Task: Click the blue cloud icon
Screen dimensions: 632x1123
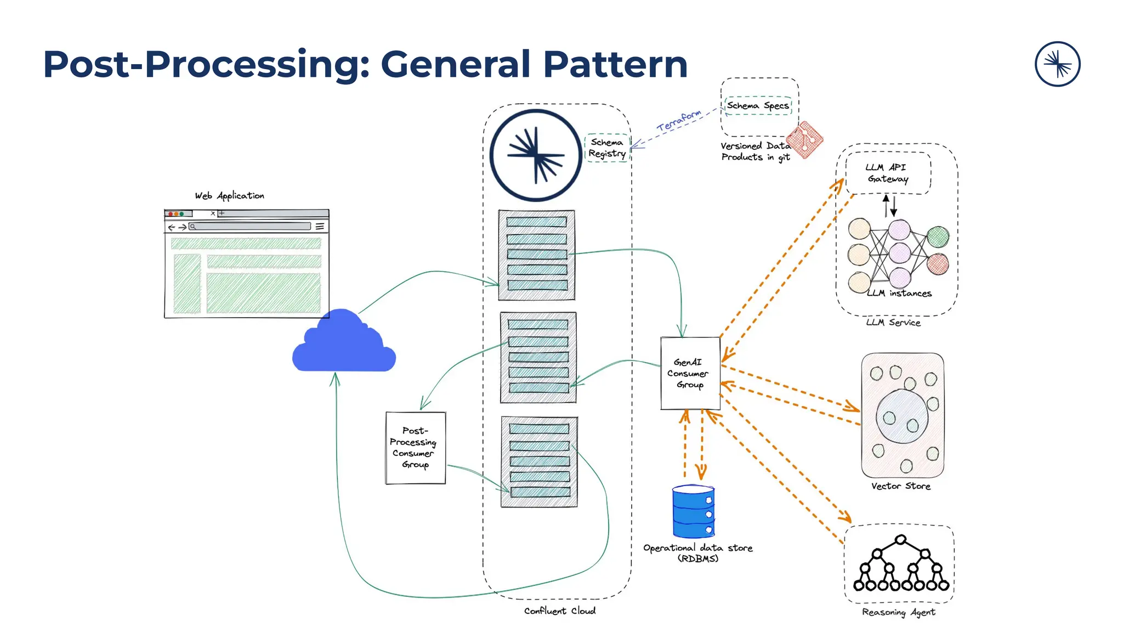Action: pos(344,343)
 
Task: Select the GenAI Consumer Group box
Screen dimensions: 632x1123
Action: pos(690,374)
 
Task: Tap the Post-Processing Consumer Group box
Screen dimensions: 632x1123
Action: pos(415,448)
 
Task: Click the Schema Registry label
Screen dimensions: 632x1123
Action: pos(607,148)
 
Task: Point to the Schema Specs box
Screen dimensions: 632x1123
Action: pos(758,105)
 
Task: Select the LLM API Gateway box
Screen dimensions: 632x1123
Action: pos(888,173)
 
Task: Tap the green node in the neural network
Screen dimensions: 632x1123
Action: pos(938,237)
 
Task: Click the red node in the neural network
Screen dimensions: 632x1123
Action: pos(938,264)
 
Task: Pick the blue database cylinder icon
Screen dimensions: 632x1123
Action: pos(693,511)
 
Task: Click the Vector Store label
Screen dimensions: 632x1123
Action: pos(900,486)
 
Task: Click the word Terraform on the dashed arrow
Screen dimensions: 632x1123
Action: pos(679,120)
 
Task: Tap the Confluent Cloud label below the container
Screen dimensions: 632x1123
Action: pos(559,611)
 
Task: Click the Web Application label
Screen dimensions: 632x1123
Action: pos(229,196)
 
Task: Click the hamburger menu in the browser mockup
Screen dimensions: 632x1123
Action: pos(320,226)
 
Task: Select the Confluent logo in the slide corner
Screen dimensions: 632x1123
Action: pos(1057,64)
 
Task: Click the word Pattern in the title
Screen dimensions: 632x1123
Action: pos(615,64)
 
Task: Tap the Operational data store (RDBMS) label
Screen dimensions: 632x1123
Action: pos(697,553)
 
